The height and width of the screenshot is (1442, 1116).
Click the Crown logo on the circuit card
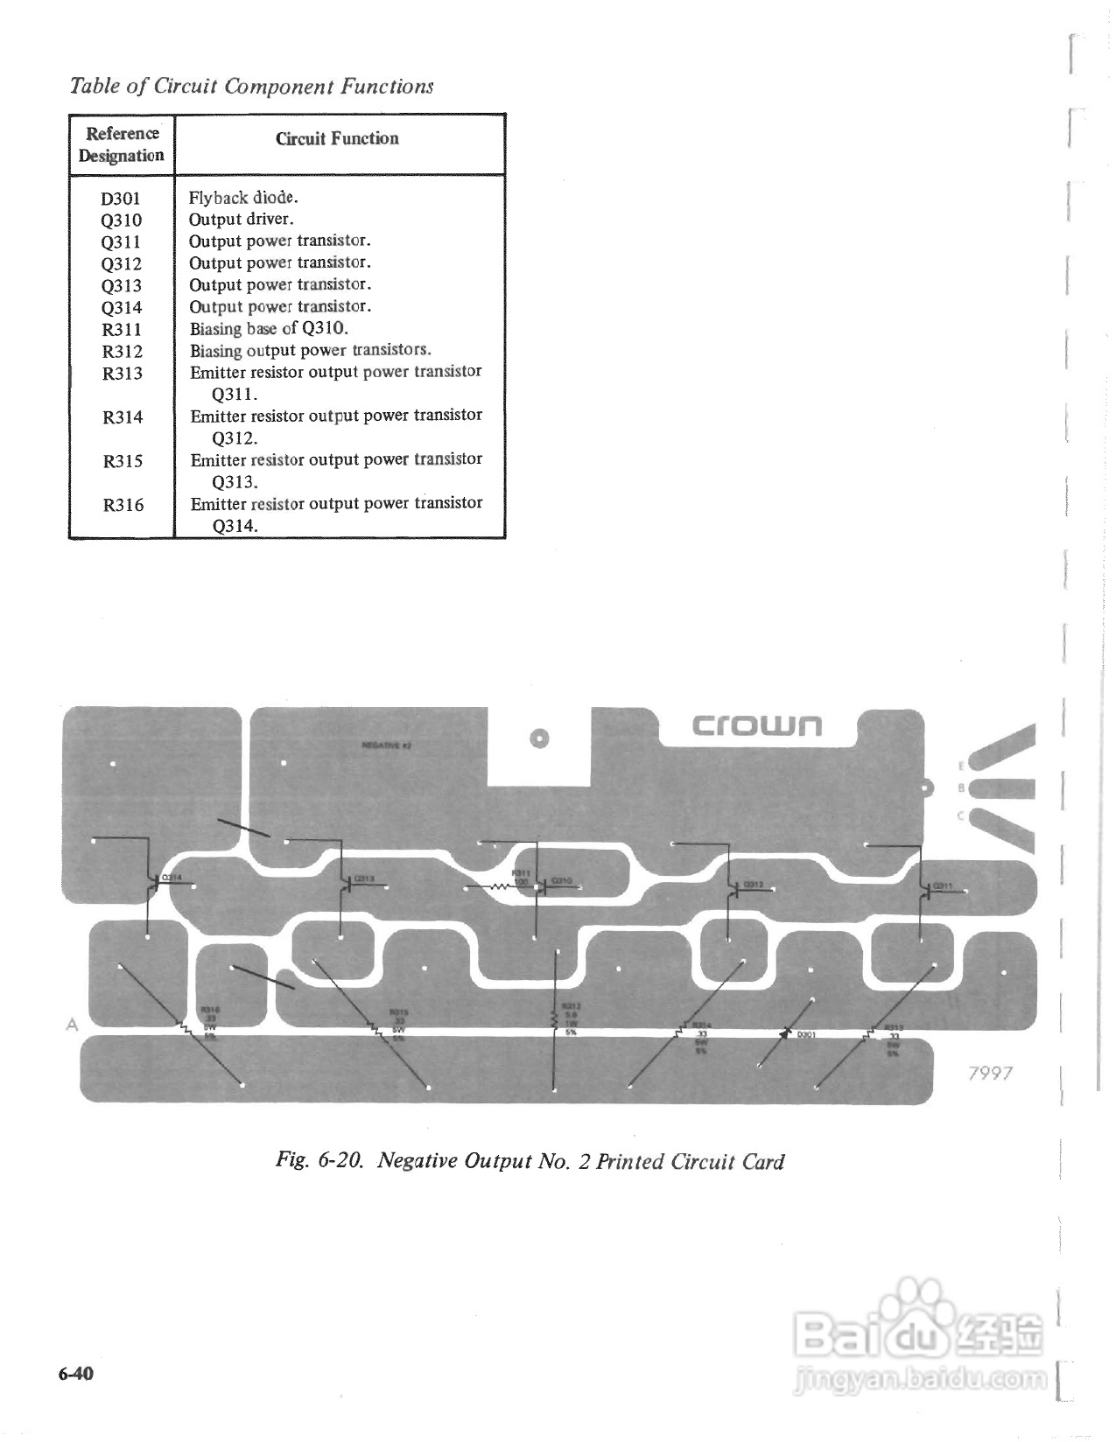(757, 725)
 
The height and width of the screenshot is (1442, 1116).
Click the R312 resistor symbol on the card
(554, 1020)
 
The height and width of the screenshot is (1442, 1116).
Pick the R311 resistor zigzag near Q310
(500, 887)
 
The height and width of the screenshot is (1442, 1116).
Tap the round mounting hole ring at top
(540, 738)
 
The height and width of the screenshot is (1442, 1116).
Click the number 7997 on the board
(991, 1073)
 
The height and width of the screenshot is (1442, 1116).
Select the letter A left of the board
(73, 1024)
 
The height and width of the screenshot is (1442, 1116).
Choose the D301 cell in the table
(121, 198)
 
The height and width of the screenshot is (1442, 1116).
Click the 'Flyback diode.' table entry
(243, 197)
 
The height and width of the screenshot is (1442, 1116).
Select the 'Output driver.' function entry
(242, 219)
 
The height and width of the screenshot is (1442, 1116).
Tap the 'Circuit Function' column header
(337, 138)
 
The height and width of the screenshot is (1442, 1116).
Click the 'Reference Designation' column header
(122, 144)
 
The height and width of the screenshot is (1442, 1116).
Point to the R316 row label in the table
(123, 505)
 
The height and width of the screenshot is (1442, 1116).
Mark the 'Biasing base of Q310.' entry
(269, 328)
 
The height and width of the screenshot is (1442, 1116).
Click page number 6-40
(76, 1372)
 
